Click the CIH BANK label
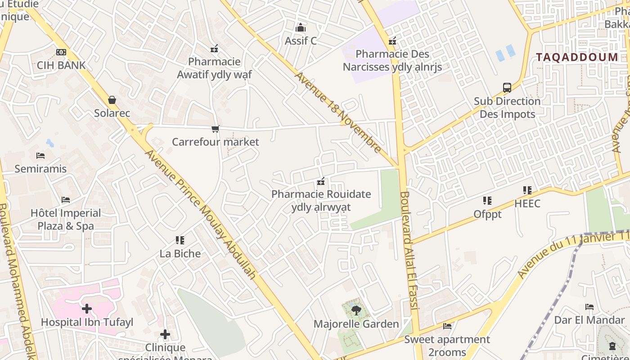pyautogui.click(x=61, y=65)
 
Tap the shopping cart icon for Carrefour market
pyautogui.click(x=216, y=129)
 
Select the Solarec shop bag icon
pyautogui.click(x=112, y=100)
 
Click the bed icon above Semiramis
pyautogui.click(x=40, y=156)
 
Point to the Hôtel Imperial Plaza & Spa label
pyautogui.click(x=66, y=219)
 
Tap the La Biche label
pyautogui.click(x=180, y=253)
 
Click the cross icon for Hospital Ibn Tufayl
pyautogui.click(x=87, y=309)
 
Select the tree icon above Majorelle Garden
pyautogui.click(x=356, y=310)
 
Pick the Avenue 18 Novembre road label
pyautogui.click(x=338, y=112)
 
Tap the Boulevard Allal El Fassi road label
pyautogui.click(x=409, y=250)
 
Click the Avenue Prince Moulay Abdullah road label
pyautogui.click(x=201, y=214)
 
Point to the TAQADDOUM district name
pyautogui.click(x=577, y=57)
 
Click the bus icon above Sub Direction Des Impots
pyautogui.click(x=507, y=88)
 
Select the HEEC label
pyautogui.click(x=527, y=203)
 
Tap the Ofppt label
pyautogui.click(x=487, y=214)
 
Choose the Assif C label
pyautogui.click(x=301, y=41)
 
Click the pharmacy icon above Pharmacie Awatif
pyautogui.click(x=214, y=49)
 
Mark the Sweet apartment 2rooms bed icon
pyautogui.click(x=447, y=326)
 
